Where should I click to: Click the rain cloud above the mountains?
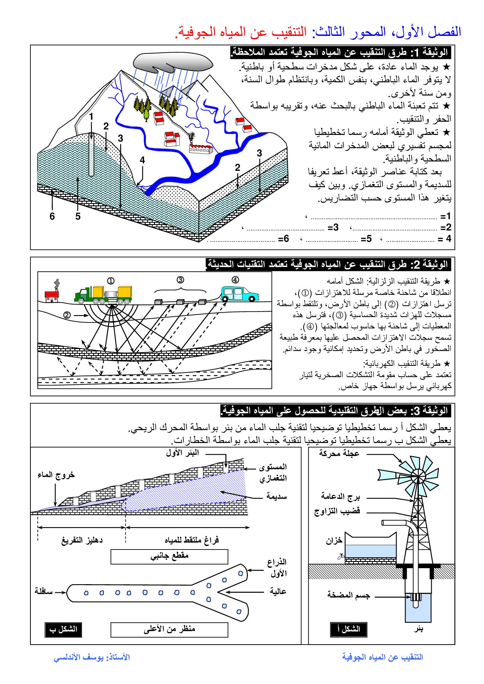(x=173, y=62)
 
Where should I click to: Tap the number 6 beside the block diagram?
(x=52, y=216)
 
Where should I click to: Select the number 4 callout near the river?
(x=142, y=160)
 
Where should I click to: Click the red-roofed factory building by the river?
(x=201, y=148)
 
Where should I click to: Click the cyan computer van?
(x=239, y=294)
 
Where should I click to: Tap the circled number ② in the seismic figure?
(x=67, y=315)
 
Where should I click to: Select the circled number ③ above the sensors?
(x=180, y=280)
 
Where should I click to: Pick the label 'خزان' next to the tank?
(x=334, y=540)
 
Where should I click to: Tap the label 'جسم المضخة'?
(x=348, y=595)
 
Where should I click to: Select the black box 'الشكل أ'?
(x=349, y=629)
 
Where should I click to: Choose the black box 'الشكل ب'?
(x=63, y=629)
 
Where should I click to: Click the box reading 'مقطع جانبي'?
(x=169, y=556)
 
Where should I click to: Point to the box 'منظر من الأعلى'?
(x=169, y=629)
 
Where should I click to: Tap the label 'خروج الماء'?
(x=56, y=475)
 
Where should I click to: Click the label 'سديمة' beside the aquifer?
(x=276, y=496)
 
